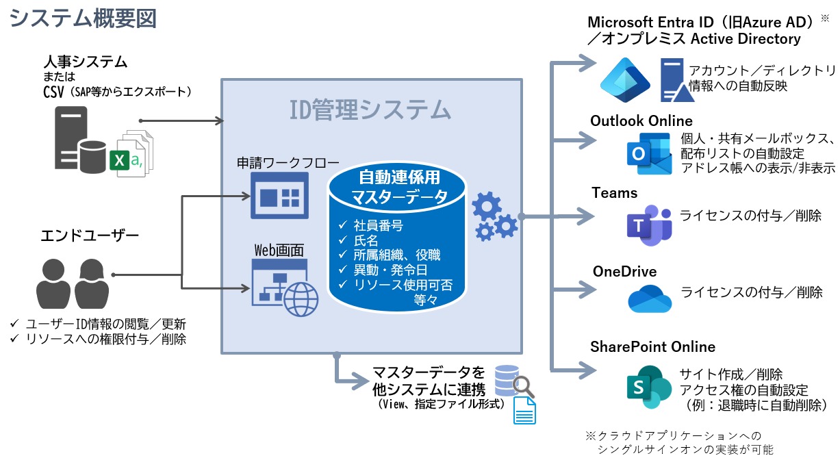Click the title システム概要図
83,18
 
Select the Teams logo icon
648,225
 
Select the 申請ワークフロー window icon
279,195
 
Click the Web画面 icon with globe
285,285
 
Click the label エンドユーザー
90,236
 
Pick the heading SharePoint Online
652,346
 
